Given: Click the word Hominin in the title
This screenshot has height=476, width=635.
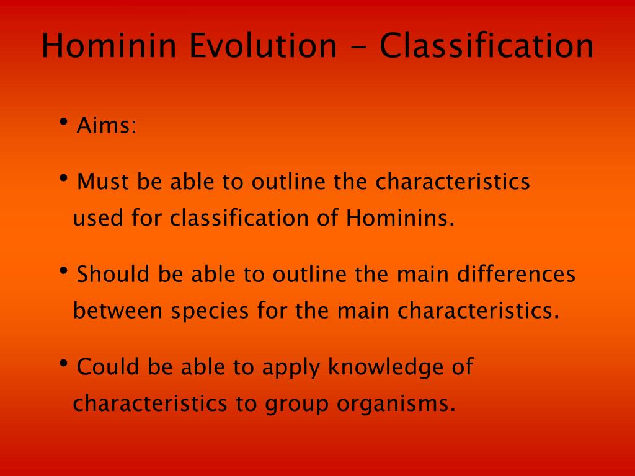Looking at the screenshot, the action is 109,45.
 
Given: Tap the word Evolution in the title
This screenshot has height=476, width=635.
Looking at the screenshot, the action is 263,45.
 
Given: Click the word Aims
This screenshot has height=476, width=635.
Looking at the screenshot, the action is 107,125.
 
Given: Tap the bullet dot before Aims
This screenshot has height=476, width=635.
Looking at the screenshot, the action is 63,121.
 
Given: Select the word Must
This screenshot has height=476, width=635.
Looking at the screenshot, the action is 103,182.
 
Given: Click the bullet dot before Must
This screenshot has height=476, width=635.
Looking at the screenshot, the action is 63,178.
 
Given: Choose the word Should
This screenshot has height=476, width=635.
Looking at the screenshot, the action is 113,274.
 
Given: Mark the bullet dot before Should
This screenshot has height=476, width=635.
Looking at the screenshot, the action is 63,270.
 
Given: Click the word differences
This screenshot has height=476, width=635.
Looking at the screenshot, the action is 517,274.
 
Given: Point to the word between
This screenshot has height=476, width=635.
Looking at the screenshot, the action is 118,311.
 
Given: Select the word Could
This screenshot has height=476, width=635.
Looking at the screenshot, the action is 108,367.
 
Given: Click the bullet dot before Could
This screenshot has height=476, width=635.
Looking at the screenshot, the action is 63,363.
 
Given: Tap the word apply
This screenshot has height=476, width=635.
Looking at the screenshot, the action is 291,368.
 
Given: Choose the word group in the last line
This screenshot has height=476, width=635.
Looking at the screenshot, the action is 296,405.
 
